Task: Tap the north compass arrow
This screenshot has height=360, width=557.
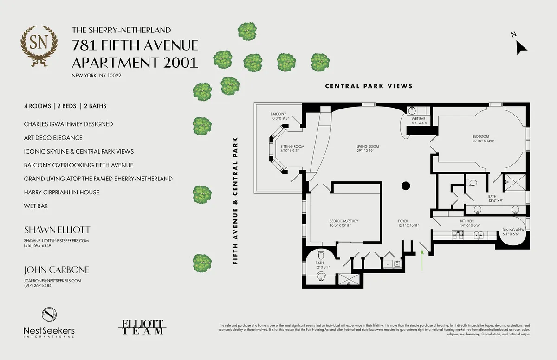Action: pos(521,46)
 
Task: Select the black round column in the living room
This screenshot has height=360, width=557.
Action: pos(405,186)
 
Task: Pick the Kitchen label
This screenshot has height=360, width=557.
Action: pos(466,221)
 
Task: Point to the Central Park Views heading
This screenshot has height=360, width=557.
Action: pos(369,86)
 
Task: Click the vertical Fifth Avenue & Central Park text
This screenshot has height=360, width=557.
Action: pos(236,200)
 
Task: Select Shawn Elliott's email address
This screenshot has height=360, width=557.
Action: pos(56,241)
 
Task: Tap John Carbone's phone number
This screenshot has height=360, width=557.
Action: pos(38,285)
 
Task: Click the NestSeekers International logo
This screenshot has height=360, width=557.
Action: pos(49,321)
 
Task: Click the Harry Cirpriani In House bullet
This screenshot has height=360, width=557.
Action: pos(62,192)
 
